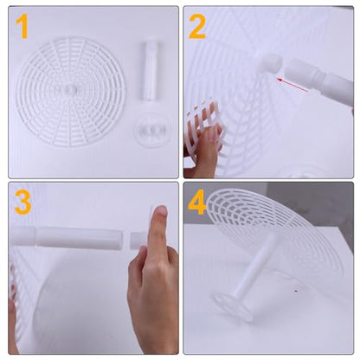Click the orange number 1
click(22, 28)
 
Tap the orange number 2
click(197, 27)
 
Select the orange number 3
click(22, 202)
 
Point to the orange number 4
click(197, 202)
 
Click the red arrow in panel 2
click(292, 85)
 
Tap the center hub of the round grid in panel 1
click(70, 89)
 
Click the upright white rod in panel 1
click(149, 71)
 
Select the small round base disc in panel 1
click(152, 131)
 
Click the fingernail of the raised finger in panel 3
click(161, 210)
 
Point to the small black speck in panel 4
click(296, 292)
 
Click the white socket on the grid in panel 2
click(269, 62)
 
